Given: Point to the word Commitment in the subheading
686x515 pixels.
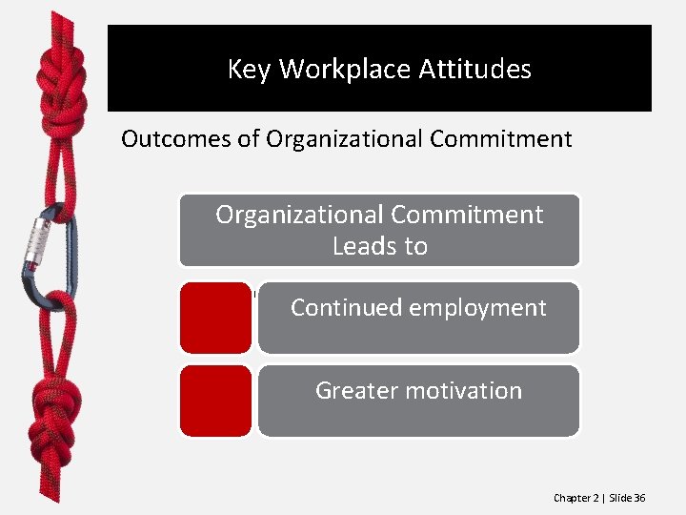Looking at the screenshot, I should pyautogui.click(x=500, y=139).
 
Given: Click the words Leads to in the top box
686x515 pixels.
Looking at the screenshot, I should pyautogui.click(x=379, y=246).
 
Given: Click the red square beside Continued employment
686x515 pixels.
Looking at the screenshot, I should pyautogui.click(x=216, y=318).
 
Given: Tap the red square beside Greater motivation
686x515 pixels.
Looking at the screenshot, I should pyautogui.click(x=216, y=401).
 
